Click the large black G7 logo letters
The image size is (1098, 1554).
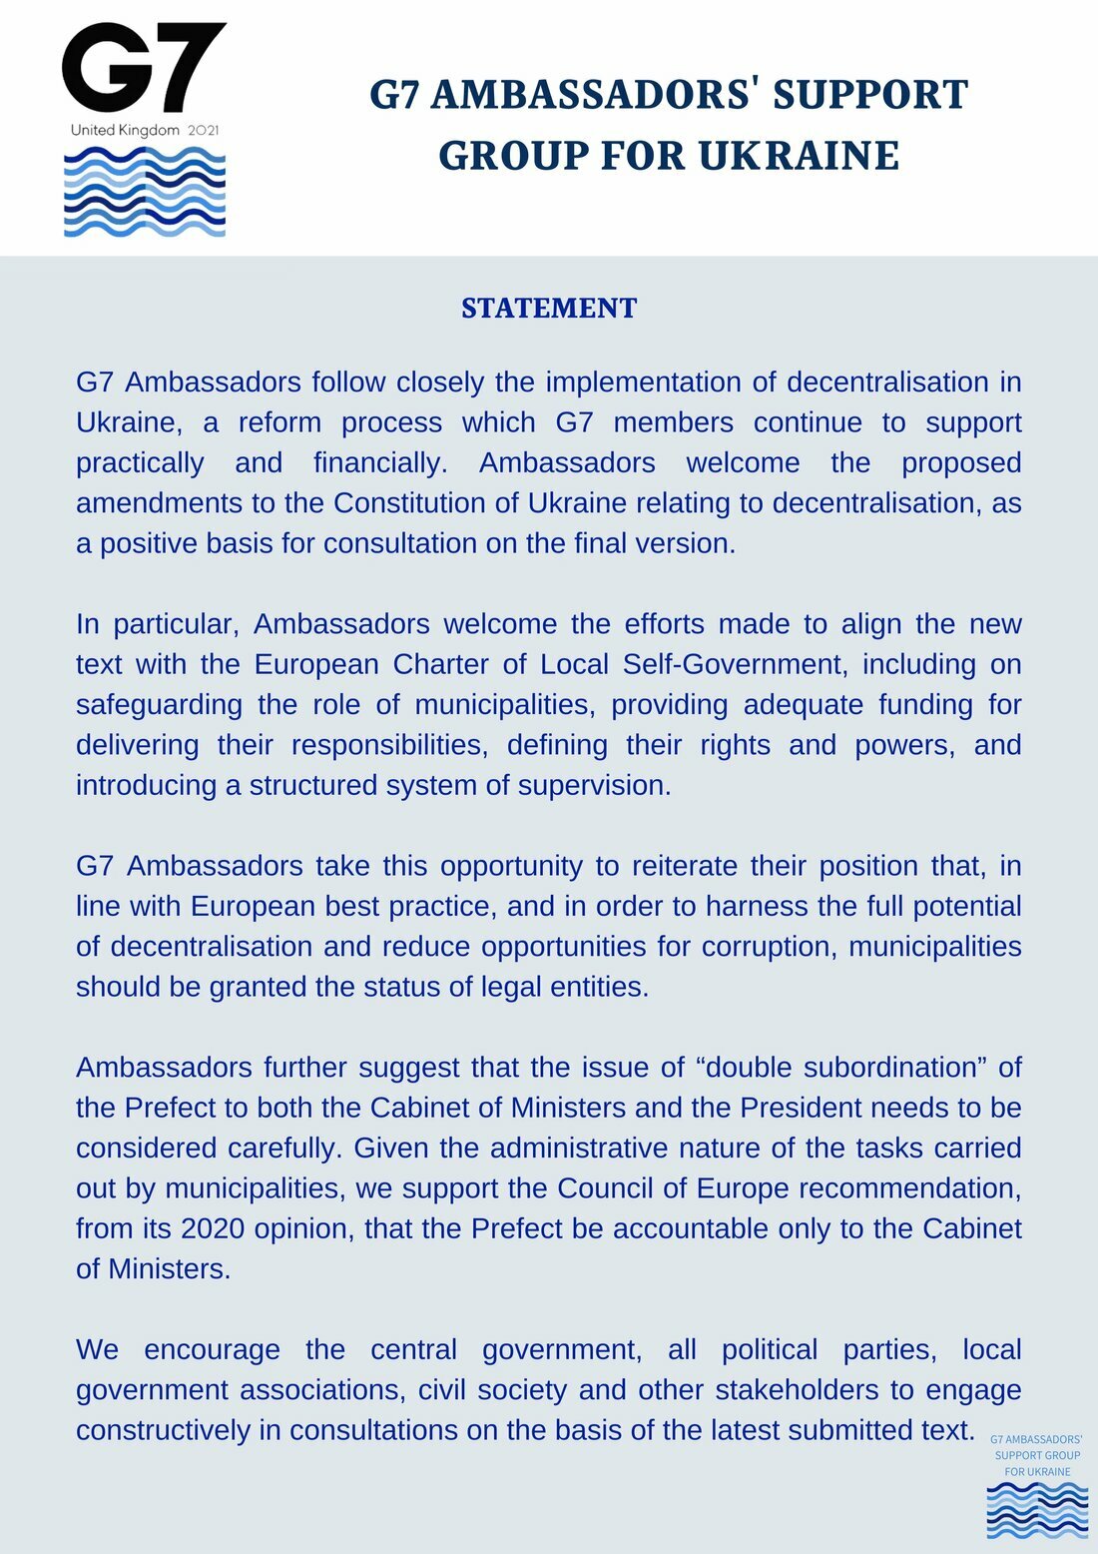[x=144, y=68]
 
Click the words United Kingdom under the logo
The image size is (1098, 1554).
[x=125, y=130]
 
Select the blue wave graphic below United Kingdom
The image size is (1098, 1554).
[x=145, y=192]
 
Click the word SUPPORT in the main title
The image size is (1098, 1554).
[x=870, y=95]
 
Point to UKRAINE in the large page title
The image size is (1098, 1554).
[x=799, y=156]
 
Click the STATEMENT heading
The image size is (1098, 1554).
[x=549, y=308]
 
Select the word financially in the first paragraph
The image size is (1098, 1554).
[x=380, y=462]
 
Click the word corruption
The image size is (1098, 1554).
[x=767, y=946]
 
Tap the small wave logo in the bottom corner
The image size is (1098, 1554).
[x=1037, y=1510]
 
